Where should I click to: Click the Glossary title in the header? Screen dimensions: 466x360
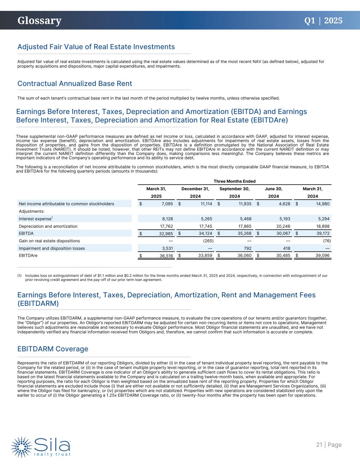click(x=40, y=20)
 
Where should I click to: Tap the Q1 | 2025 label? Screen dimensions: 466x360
click(x=323, y=20)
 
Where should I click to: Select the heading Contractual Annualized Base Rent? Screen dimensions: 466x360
click(x=75, y=84)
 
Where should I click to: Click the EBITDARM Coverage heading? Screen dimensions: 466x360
click(x=53, y=349)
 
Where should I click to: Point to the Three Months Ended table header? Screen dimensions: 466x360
click(x=234, y=181)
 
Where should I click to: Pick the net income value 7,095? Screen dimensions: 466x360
click(x=165, y=204)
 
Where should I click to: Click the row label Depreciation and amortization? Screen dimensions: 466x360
click(x=48, y=226)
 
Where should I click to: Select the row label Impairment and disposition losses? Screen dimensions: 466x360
click(x=52, y=249)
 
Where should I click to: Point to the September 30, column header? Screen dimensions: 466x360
click(x=234, y=189)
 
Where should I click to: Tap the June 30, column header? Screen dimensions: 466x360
click(x=274, y=189)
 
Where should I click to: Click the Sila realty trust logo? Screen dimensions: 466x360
click(x=41, y=446)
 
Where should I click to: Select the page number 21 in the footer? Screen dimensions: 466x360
click(x=319, y=444)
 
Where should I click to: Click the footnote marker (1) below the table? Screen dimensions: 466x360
click(x=19, y=276)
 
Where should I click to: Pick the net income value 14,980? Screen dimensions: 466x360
click(x=321, y=204)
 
